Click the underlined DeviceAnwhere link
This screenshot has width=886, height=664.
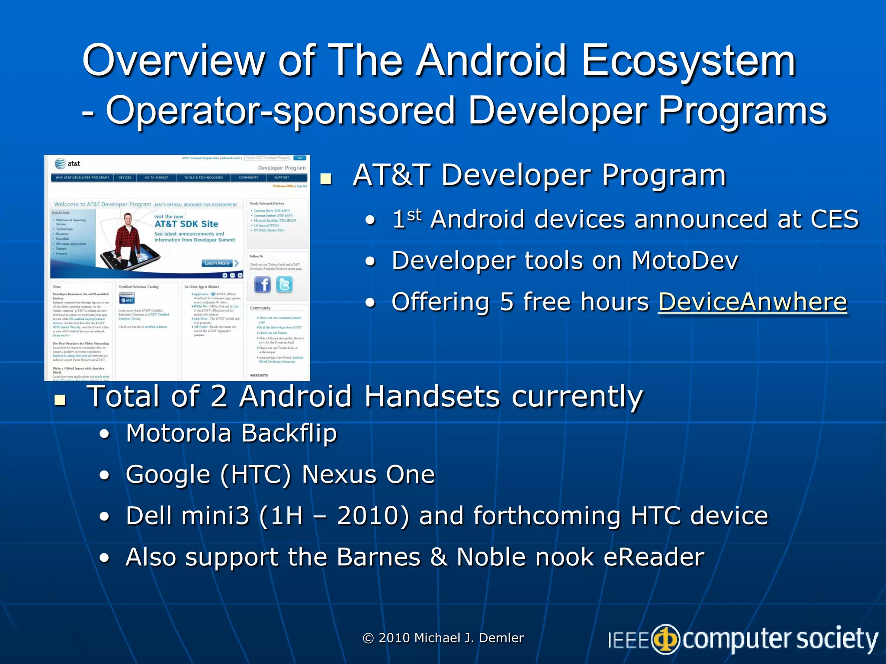pos(752,302)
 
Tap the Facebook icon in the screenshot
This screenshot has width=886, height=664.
pos(262,285)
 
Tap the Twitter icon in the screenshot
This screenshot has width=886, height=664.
pos(284,285)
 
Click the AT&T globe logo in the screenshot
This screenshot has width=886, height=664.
pos(61,163)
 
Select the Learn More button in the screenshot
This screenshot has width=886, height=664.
pos(217,263)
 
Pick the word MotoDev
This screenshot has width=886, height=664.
pos(684,261)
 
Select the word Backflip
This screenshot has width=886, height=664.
pos(289,433)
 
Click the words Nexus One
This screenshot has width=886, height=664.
pos(368,475)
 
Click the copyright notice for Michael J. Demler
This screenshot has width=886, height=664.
pos(443,638)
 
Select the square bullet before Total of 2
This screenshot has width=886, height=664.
pos(60,400)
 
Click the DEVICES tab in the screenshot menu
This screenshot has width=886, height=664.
pos(125,178)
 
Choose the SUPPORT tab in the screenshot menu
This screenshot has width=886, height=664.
pos(281,178)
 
